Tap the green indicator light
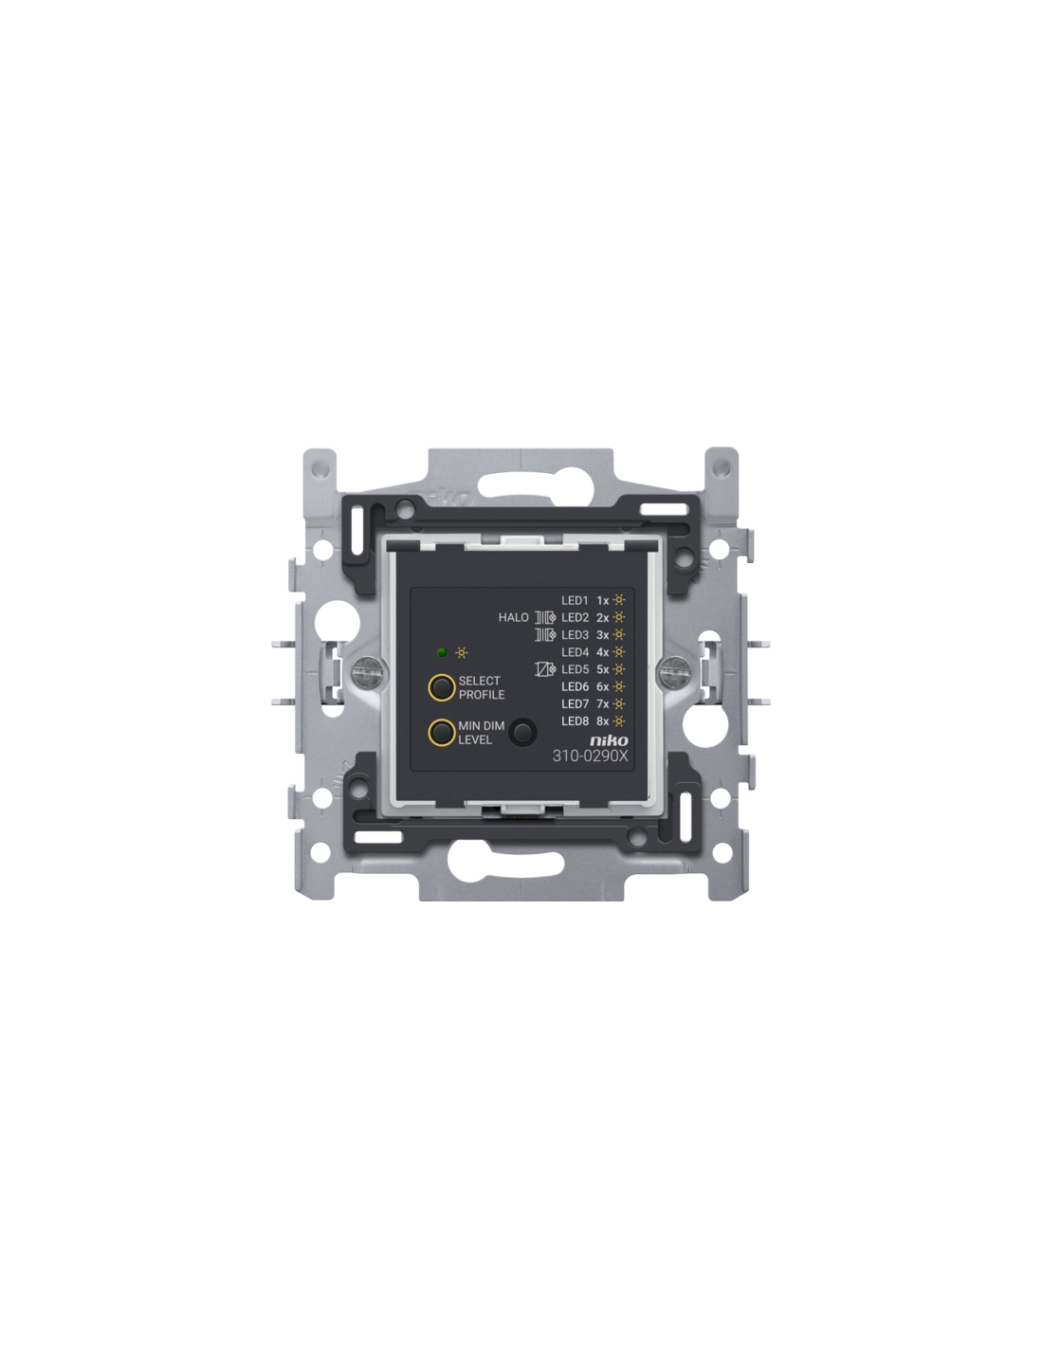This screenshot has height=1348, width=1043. point(442,652)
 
